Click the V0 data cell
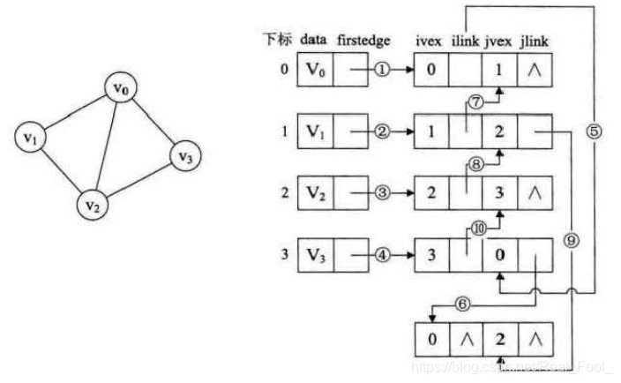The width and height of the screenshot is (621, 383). [315, 71]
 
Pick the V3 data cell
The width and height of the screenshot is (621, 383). [315, 257]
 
